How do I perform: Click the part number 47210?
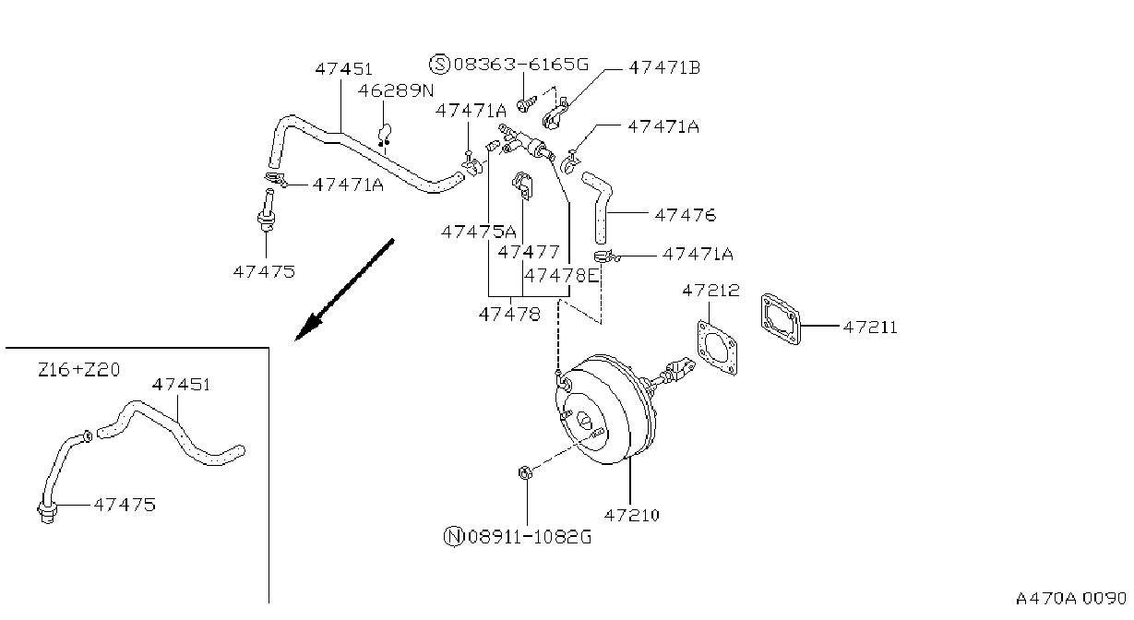point(632,515)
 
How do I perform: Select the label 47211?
point(870,328)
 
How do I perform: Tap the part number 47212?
point(710,291)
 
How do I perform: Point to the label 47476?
point(686,215)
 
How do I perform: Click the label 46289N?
point(396,90)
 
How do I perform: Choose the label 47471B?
point(664,67)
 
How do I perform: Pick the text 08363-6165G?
point(521,65)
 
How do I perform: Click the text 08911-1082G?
point(530,536)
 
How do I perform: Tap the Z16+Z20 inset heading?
point(79,370)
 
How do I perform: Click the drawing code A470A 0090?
point(1071,598)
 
